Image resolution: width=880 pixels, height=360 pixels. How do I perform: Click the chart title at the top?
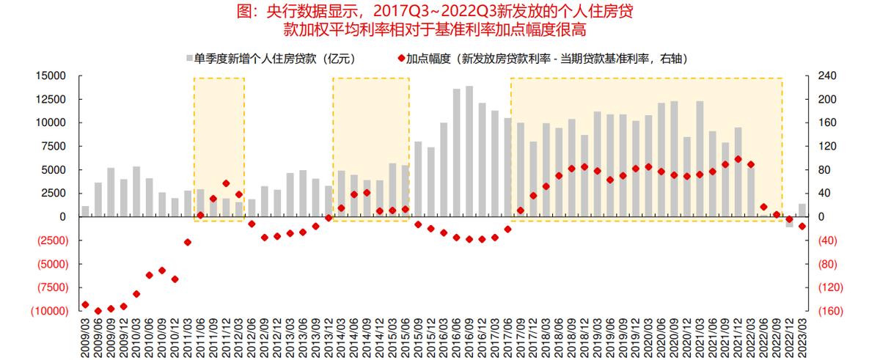pos(440,21)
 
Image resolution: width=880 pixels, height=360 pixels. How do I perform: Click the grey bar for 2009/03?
pos(85,212)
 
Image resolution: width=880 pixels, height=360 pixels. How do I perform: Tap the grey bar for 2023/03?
pos(802,210)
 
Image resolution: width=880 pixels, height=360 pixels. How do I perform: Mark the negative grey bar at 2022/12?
pos(789,222)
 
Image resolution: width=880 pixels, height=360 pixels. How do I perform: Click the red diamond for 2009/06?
pos(98,311)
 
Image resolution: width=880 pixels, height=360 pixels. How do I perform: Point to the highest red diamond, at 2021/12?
pos(738,159)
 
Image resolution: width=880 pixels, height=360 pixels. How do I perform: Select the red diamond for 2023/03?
pos(802,226)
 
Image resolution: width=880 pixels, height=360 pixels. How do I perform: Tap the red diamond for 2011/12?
pos(226,183)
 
